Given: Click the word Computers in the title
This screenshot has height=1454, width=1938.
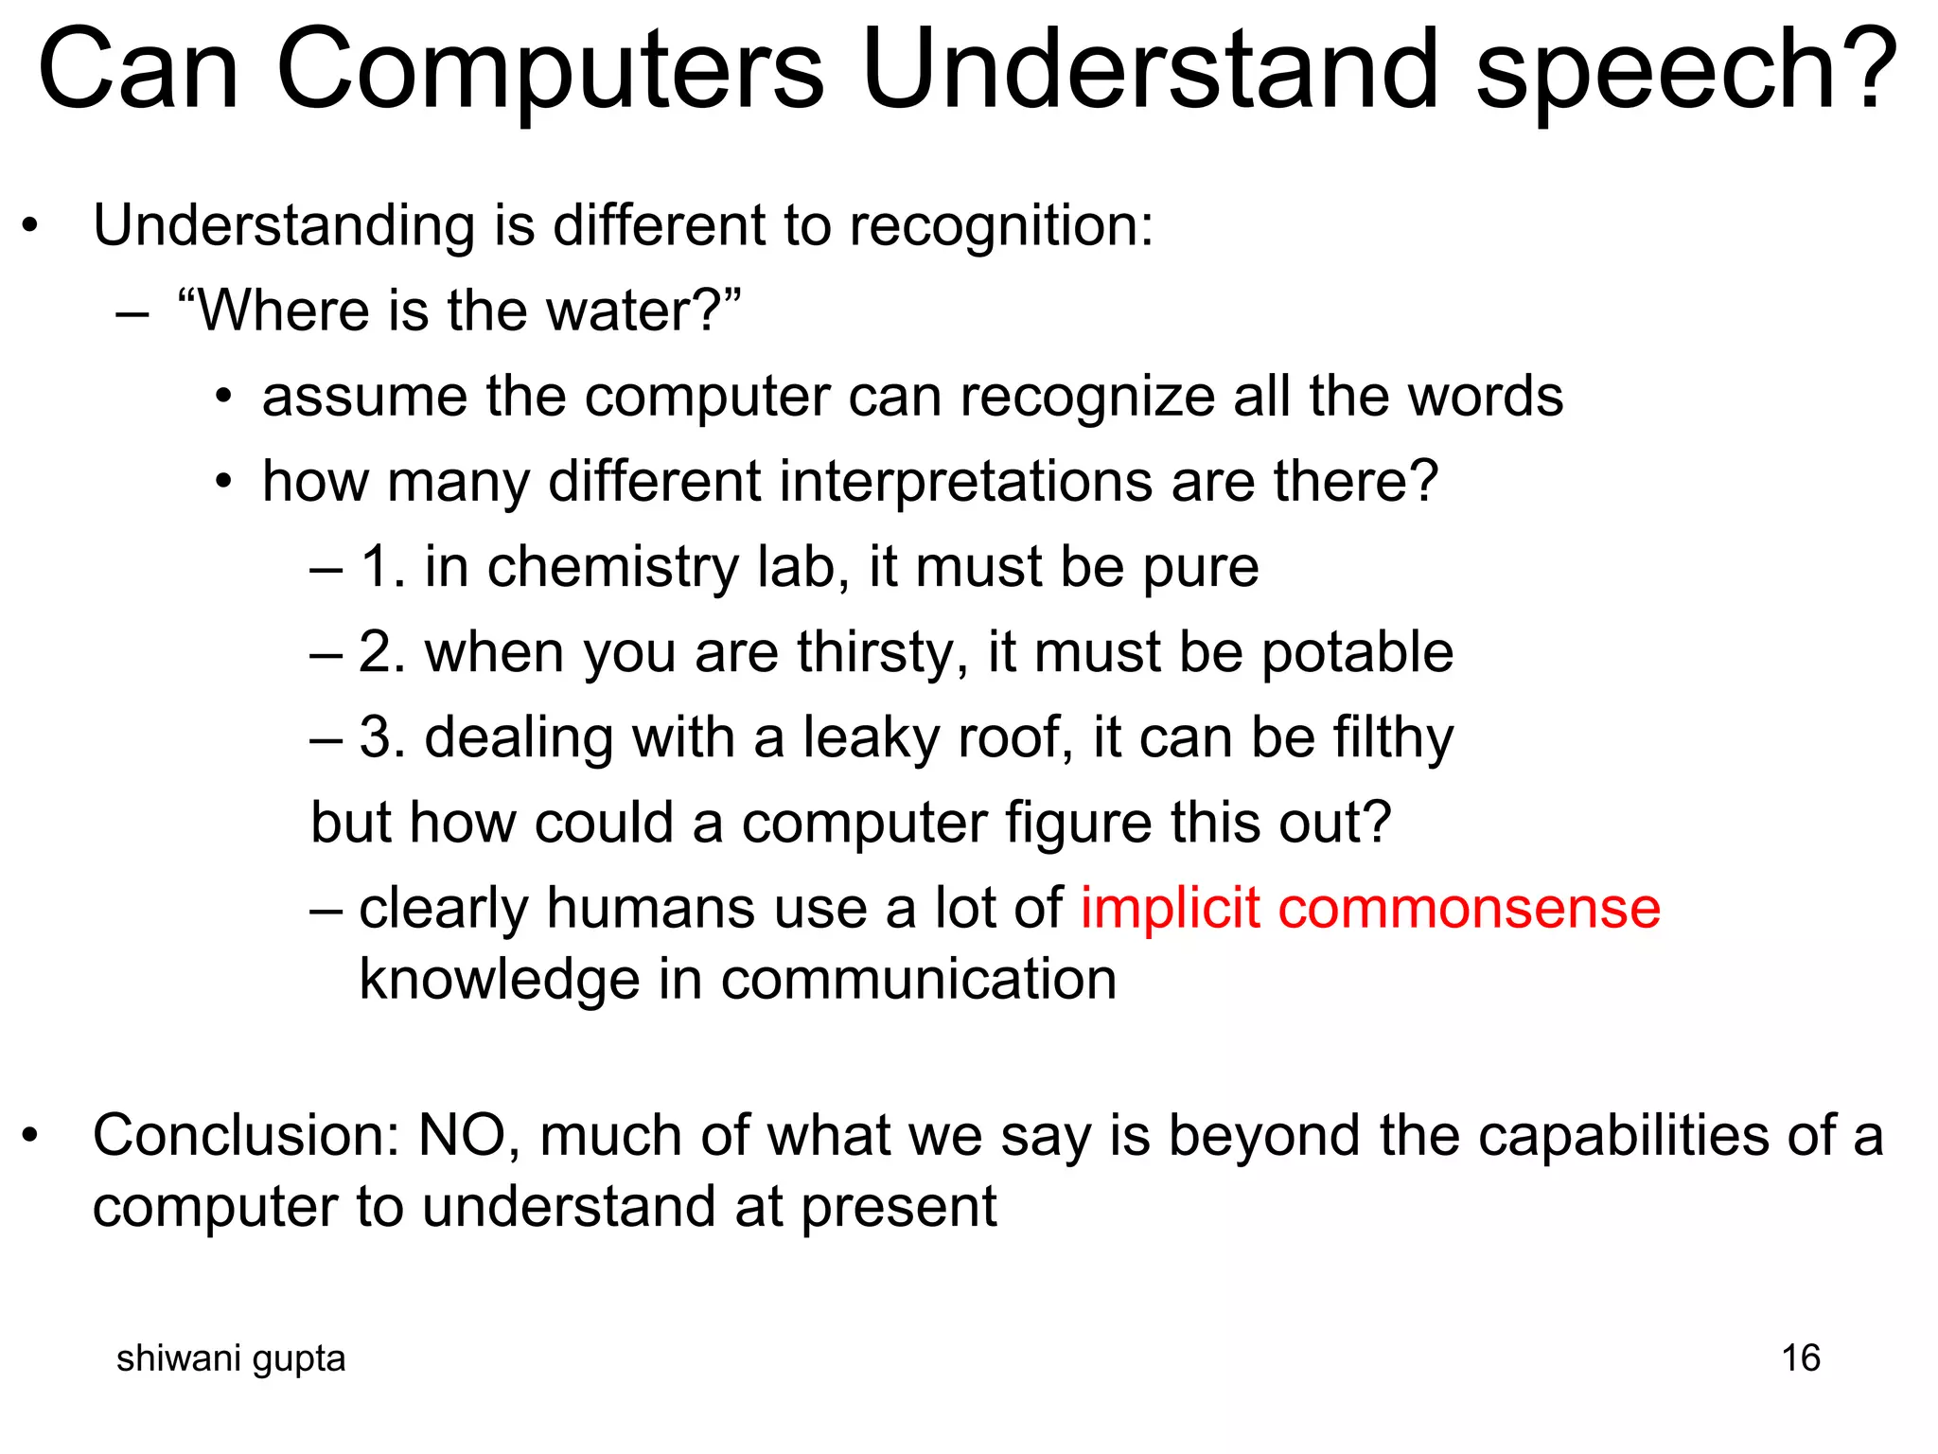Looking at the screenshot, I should [x=549, y=71].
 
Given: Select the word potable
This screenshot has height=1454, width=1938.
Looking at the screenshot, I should [x=1357, y=652].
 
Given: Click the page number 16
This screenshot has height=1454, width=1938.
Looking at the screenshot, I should [x=1800, y=1358].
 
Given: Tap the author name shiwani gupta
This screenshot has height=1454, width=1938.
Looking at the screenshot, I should [x=231, y=1359].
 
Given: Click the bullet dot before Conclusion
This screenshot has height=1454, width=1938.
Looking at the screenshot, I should [x=31, y=1135].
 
